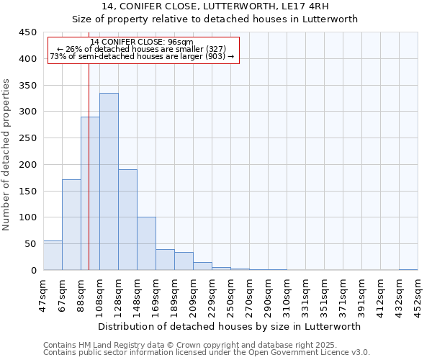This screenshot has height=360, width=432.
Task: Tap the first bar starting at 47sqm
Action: coord(53,256)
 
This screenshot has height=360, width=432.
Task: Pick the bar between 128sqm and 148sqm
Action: coord(127,220)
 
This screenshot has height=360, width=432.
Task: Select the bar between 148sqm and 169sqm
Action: coord(146,243)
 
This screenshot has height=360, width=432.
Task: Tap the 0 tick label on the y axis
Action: coord(33,271)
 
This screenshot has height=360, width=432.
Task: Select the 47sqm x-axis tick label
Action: coord(44,295)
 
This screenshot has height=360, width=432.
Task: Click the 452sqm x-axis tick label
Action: coord(418,295)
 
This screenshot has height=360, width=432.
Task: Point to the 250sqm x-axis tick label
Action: coord(230,295)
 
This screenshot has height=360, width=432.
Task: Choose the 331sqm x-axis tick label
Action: coord(305,295)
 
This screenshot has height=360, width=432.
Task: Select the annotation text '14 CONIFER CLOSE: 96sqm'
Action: coord(142,42)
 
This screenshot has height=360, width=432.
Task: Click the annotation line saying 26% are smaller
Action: coord(142,49)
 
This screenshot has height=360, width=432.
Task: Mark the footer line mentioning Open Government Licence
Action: coord(206,352)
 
